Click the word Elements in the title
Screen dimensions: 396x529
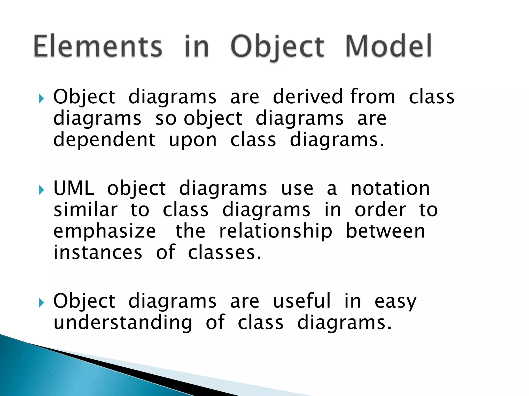[98, 46]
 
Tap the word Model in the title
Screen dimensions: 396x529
[388, 46]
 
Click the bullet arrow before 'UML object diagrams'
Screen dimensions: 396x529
[41, 190]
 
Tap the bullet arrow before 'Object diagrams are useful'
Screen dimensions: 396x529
[41, 303]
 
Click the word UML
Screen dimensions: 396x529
[74, 188]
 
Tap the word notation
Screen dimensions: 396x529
[390, 188]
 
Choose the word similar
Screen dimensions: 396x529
[85, 210]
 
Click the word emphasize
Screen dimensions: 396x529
[105, 231]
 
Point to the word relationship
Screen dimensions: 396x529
[276, 231]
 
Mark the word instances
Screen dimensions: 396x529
[98, 252]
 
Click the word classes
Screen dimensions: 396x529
[224, 252]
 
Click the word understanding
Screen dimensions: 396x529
[123, 323]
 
